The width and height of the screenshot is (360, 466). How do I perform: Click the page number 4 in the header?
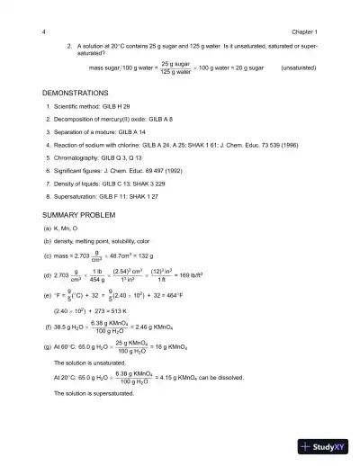44,31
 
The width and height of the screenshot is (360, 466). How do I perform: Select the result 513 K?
130,311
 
